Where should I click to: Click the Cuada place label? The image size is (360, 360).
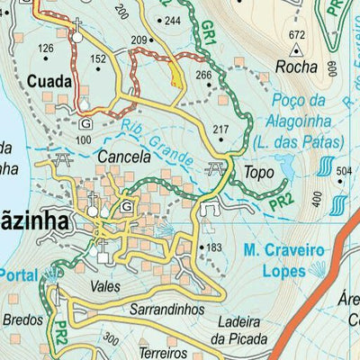49,79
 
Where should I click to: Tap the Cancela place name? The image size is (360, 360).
123,157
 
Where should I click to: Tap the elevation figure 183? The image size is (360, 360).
213,247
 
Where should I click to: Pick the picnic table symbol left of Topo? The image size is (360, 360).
215,168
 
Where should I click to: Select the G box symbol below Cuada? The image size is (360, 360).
85,123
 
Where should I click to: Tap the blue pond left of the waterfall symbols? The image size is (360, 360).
286,166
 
